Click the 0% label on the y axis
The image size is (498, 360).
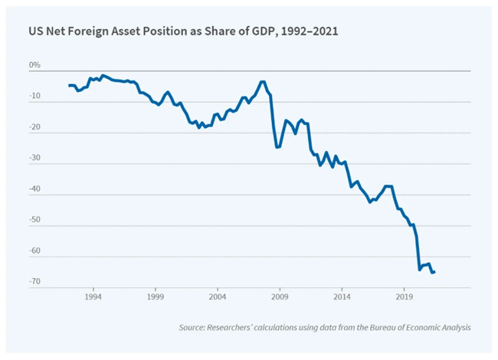[x=34, y=66]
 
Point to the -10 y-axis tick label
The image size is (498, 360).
[x=34, y=97]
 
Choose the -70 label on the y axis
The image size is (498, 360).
[x=34, y=282]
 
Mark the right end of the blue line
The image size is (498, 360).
[x=434, y=272]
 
